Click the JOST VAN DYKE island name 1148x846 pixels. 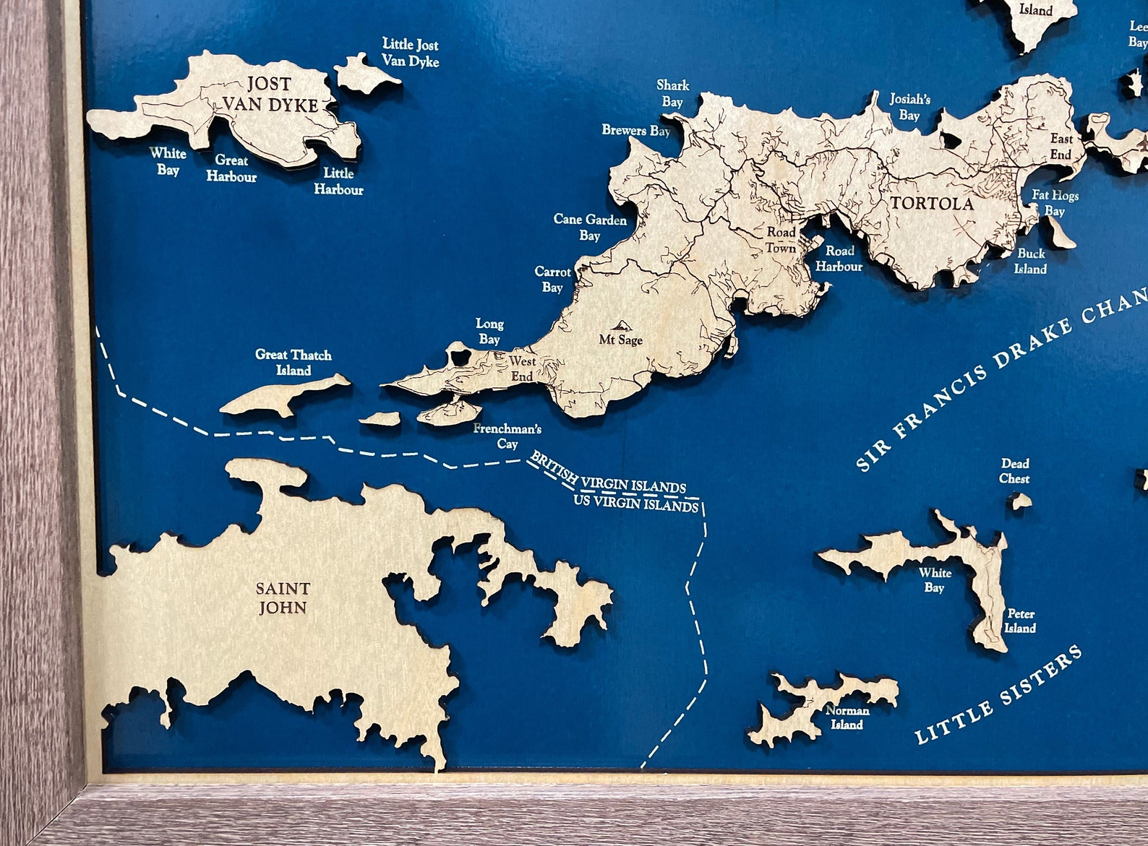[x=270, y=94]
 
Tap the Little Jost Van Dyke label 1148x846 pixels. [x=410, y=53]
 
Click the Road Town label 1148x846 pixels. [x=781, y=240]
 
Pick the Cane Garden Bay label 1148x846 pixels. [x=590, y=227]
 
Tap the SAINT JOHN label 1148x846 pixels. [x=283, y=597]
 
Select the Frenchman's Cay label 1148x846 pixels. [x=507, y=436]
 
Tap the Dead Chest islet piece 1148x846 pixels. [x=1019, y=500]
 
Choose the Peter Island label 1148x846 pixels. [x=1019, y=621]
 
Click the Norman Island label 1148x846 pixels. [x=847, y=717]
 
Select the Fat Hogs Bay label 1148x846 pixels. [x=1055, y=203]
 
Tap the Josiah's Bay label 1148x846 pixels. [x=909, y=107]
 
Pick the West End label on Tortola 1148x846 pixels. [x=522, y=368]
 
